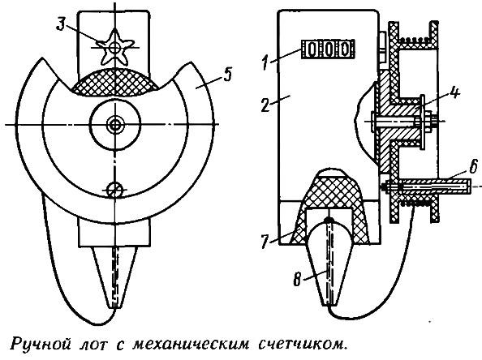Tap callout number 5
227,75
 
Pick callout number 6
473,168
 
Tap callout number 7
265,242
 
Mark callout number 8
297,281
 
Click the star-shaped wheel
115,47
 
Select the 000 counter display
328,49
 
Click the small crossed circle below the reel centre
114,191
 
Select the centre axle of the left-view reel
115,124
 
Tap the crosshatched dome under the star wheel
115,83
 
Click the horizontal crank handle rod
428,186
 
